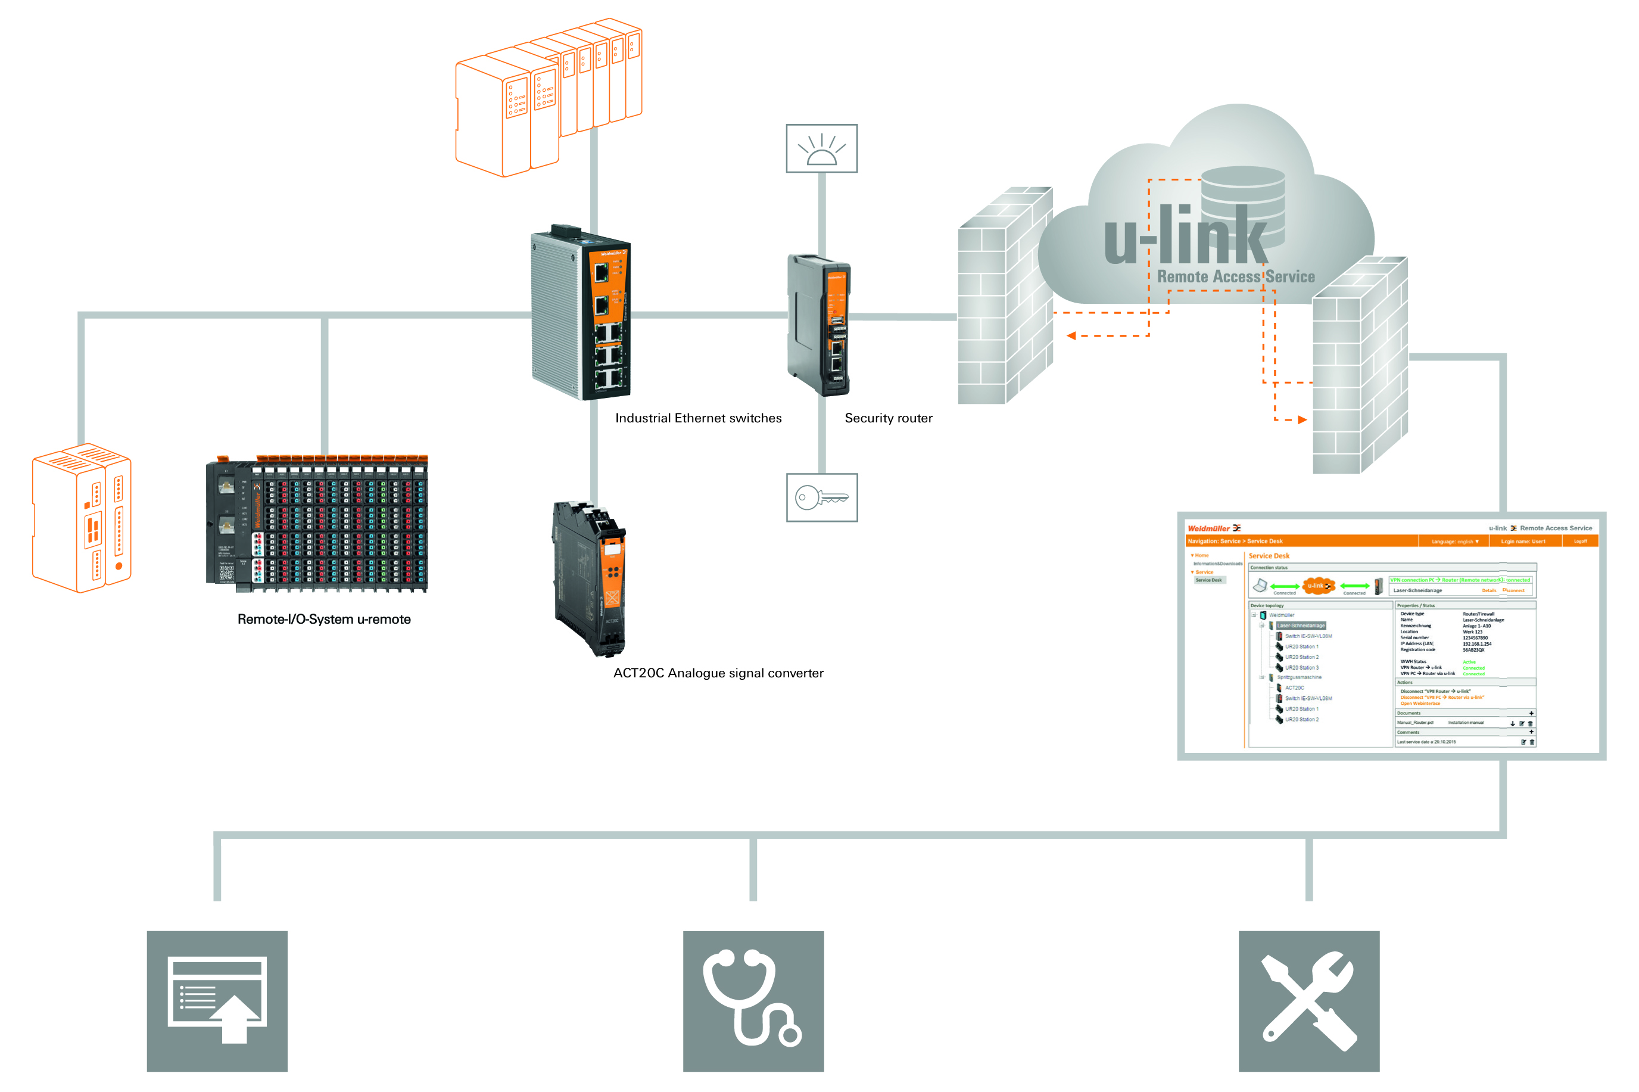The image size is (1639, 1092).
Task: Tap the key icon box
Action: coord(822,497)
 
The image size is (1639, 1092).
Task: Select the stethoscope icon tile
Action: coord(753,1001)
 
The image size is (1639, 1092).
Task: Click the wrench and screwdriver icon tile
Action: coord(1308,1001)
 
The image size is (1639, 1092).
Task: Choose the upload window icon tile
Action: coord(217,1001)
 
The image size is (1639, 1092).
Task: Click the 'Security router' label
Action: coord(888,418)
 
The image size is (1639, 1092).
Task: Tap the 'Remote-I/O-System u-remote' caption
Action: coord(324,619)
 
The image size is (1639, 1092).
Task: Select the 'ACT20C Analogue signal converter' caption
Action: coord(718,673)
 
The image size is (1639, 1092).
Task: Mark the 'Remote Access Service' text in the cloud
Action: coord(1235,276)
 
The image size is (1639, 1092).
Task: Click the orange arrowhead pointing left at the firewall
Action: coord(1071,335)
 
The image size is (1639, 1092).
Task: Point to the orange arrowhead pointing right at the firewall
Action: coord(1302,420)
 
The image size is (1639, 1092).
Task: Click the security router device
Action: coord(819,325)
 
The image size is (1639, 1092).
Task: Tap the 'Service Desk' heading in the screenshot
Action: coord(1269,556)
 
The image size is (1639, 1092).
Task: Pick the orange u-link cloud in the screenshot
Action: coord(1318,586)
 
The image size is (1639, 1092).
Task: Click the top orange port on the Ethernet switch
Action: coord(601,272)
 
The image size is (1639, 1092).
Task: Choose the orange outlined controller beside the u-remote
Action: coord(82,518)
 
